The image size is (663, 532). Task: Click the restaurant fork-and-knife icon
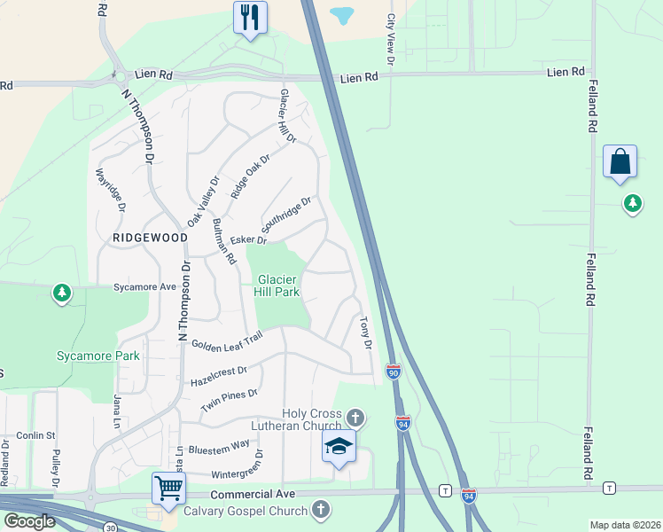pos(250,17)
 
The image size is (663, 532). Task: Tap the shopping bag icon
pos(620,161)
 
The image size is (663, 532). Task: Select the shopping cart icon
pos(168,487)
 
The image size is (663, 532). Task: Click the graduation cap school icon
pos(338,447)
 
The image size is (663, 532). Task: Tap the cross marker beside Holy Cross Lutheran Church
pos(355,417)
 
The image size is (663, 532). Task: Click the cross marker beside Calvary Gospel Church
pos(321,510)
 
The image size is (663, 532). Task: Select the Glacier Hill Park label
pos(277,286)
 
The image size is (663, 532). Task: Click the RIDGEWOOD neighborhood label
pos(150,239)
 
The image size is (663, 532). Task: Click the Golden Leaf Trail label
pos(222,341)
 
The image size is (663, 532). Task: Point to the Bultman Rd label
pos(223,242)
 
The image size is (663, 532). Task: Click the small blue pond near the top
pos(341,15)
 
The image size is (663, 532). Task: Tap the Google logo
pos(29,521)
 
